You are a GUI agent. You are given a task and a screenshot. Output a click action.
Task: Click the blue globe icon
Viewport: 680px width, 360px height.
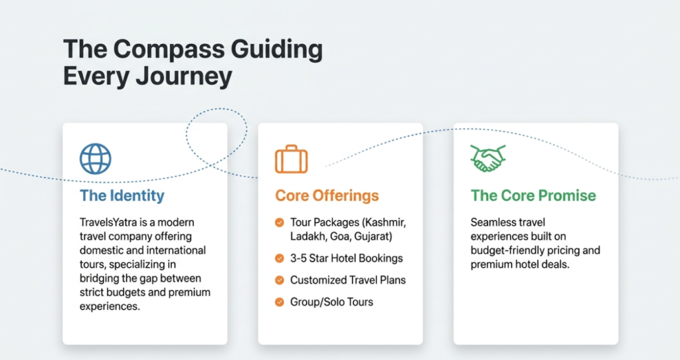96,159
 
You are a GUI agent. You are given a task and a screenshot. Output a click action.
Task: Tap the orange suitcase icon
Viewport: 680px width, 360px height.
291,159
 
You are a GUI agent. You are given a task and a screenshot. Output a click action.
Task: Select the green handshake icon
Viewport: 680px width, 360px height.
488,158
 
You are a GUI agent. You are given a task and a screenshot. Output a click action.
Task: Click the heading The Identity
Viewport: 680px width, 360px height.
122,196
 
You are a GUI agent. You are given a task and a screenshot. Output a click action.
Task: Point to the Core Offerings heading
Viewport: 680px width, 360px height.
327,196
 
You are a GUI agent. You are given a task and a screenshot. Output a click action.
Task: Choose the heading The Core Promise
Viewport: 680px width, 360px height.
533,196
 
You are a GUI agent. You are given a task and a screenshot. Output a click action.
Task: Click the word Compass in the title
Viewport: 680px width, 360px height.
169,49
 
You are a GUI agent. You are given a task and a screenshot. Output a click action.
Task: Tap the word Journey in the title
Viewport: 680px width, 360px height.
184,77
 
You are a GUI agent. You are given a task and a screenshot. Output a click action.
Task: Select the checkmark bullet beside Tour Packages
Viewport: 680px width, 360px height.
280,223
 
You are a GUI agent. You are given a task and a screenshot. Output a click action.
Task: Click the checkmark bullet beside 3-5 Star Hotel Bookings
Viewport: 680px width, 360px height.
280,258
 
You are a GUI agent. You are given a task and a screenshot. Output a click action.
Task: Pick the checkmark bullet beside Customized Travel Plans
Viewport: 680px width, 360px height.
280,280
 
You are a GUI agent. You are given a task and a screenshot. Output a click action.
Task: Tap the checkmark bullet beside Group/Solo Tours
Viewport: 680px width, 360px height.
280,302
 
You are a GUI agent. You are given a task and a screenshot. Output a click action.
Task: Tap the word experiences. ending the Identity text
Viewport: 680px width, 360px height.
110,307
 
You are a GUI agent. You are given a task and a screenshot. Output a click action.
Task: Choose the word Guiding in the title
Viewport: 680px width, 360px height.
277,49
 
